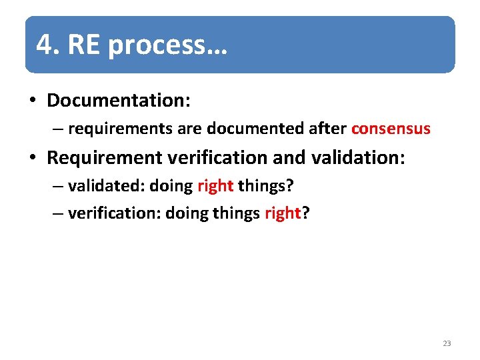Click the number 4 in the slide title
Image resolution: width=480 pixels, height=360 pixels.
coord(44,45)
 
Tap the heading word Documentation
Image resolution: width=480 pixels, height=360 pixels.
coord(117,101)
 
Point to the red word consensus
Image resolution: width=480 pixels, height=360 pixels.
coord(391,129)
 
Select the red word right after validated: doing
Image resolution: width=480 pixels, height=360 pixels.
coord(215,185)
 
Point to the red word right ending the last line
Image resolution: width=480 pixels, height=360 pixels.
coord(283,213)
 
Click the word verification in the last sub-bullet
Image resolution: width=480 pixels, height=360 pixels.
coord(113,213)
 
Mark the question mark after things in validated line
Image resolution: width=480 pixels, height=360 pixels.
coord(290,185)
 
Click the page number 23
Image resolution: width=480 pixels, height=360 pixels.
coord(447,343)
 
